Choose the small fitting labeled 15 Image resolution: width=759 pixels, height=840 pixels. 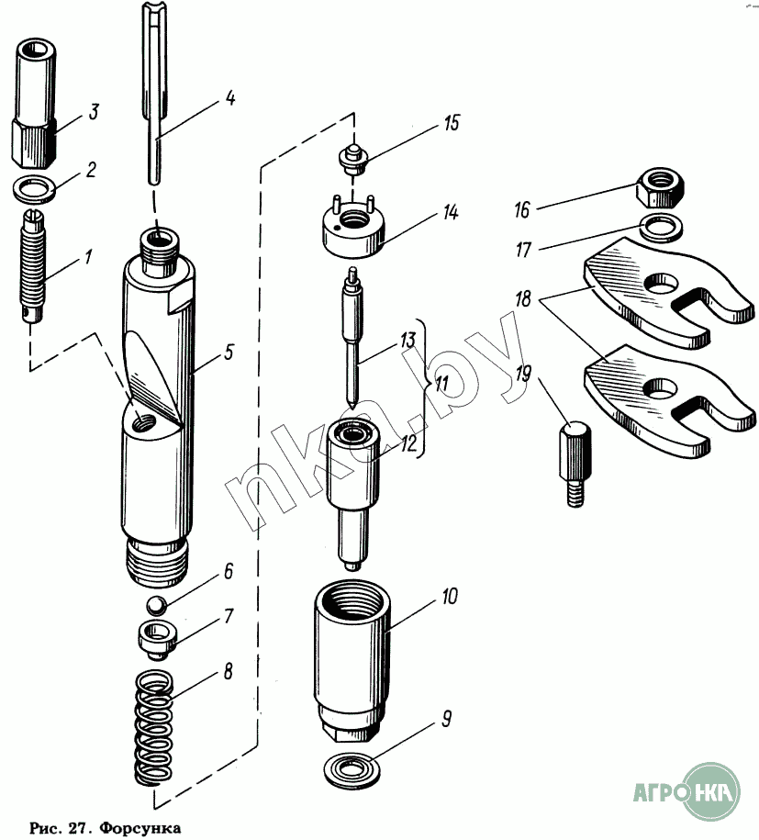click(353, 159)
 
